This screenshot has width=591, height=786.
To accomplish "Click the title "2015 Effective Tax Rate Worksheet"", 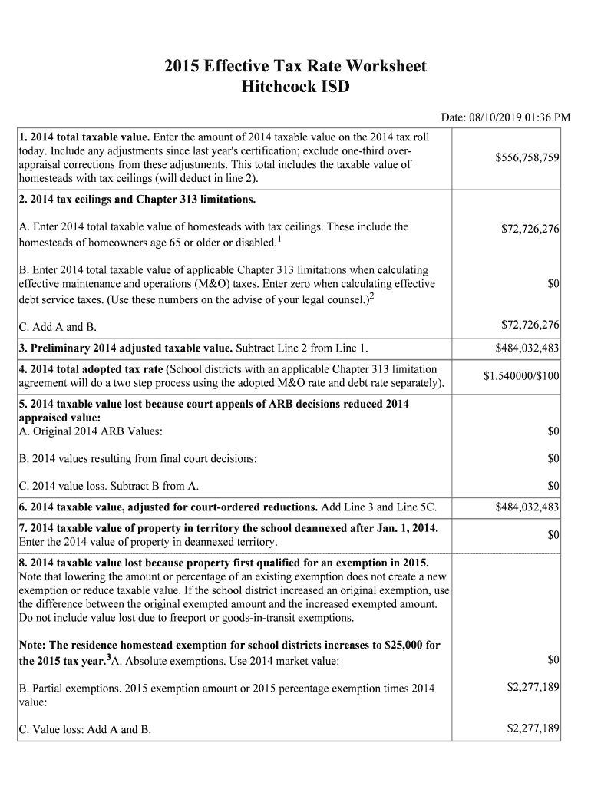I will (x=295, y=66).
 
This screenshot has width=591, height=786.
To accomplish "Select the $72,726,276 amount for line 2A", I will (x=530, y=229).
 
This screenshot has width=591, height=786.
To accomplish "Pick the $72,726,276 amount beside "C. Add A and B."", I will (x=530, y=325).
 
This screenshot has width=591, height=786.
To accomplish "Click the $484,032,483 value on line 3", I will (x=527, y=349).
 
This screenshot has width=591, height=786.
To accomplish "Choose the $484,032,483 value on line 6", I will (x=527, y=507).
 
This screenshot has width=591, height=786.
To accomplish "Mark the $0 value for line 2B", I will (x=553, y=283).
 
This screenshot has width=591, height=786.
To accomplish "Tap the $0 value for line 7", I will (x=553, y=533).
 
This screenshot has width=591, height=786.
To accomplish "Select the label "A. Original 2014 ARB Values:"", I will (x=90, y=431).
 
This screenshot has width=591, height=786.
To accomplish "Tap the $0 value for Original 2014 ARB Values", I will (x=553, y=431).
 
